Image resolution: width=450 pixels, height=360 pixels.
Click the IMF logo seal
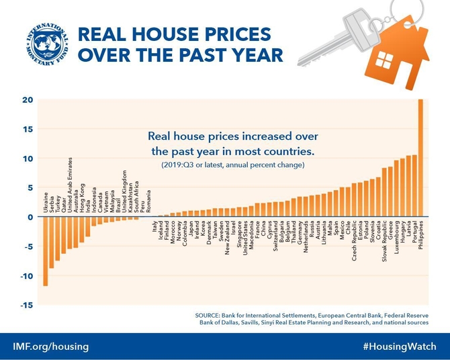(x=42, y=43)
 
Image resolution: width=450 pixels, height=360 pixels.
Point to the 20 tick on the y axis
(x=27, y=100)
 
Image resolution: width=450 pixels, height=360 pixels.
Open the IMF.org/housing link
(x=50, y=347)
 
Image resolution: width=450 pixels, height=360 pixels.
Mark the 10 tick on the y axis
(x=27, y=159)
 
